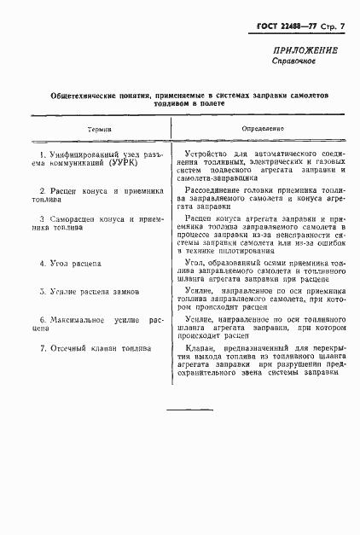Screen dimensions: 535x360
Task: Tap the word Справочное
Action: [294, 62]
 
